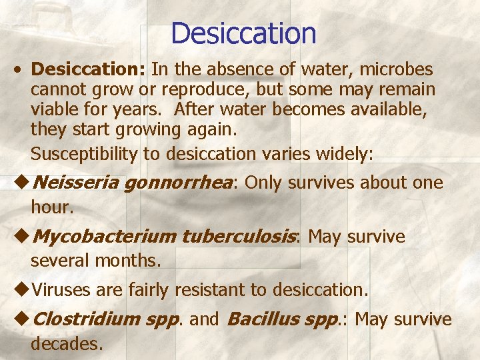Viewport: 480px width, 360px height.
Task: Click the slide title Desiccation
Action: [x=243, y=33]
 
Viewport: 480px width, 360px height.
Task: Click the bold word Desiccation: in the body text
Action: [x=89, y=69]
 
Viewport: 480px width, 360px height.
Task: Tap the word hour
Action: [x=51, y=207]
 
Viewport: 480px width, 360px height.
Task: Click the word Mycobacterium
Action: [x=103, y=237]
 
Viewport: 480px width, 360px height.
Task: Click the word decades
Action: [x=65, y=344]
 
